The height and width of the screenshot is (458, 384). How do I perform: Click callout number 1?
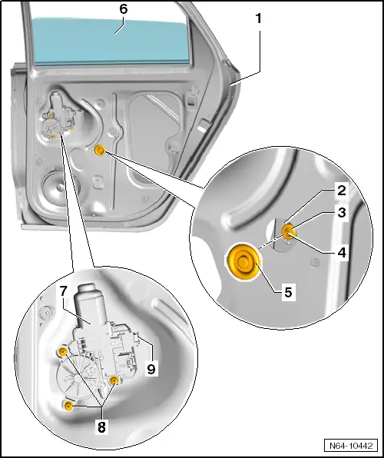point(259,19)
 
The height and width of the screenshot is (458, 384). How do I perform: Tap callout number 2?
point(341,191)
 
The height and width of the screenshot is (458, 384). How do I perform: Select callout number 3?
point(341,212)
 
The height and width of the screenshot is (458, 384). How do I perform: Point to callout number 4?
point(341,252)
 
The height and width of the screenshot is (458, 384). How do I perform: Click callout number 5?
point(288,292)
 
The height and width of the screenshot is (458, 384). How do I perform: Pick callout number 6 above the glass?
point(124,9)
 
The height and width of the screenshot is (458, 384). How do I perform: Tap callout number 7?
point(64,291)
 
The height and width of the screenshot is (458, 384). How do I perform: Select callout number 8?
point(101,426)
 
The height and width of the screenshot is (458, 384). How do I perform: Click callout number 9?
point(151,369)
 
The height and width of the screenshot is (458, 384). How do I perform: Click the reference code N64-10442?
point(351,446)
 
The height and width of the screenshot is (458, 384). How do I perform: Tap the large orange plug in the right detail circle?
point(243,261)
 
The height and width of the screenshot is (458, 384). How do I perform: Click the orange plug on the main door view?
point(100,150)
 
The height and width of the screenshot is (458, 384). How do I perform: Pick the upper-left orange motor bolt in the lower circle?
point(62,352)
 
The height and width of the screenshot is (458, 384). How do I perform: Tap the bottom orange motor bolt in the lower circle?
point(68,406)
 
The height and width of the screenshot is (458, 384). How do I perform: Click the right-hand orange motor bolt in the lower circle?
point(114,380)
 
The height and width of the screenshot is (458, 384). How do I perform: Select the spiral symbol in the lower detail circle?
point(46,313)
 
